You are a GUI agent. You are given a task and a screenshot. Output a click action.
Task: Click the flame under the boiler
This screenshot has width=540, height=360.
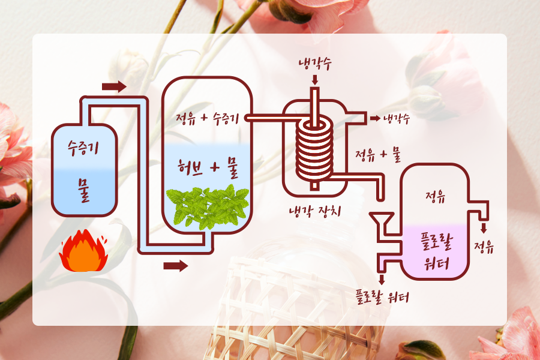coord(83,252)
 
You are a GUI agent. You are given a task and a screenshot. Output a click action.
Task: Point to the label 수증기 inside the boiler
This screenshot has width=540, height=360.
coord(83,146)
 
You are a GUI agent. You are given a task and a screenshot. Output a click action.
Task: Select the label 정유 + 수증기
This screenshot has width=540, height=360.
coord(207,118)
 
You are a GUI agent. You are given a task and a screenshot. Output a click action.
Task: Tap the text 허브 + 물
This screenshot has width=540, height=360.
coord(208,168)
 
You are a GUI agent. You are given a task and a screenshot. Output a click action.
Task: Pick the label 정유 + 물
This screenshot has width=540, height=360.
coord(378,157)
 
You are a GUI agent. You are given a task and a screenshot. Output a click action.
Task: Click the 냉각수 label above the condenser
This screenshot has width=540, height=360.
coord(314,65)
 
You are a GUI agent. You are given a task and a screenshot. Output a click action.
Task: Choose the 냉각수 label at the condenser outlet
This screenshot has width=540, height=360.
coord(397,118)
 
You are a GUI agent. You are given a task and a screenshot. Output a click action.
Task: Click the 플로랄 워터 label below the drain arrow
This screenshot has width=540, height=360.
coord(381,296)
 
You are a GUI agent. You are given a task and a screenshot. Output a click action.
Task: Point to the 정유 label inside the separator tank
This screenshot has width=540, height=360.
coord(434,196)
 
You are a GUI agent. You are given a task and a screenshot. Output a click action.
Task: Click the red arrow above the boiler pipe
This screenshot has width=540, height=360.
coord(114,87)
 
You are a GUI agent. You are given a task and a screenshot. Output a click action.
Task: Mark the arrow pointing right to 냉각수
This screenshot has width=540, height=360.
coord(375,118)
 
